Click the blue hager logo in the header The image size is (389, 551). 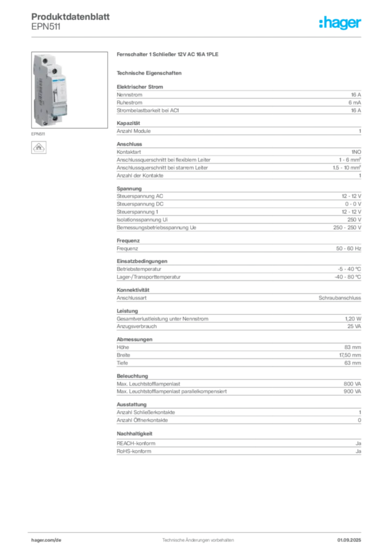click(341, 24)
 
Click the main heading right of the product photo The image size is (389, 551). click(167, 55)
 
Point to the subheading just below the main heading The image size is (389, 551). click(150, 72)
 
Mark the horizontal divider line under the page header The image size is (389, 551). click(198, 37)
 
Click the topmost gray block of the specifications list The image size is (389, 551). click(238, 100)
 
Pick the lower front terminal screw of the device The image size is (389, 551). click(54, 117)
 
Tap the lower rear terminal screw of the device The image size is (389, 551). click(46, 122)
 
